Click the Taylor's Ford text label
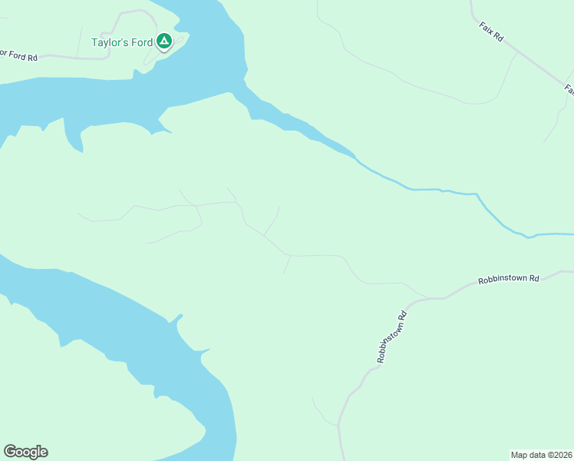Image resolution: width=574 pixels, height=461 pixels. (122, 42)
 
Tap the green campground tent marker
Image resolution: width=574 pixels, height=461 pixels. (163, 41)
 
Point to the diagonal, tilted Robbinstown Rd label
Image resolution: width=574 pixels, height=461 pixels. (392, 337)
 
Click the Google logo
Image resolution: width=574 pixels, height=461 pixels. (25, 452)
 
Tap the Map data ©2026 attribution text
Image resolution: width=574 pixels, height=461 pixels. (541, 454)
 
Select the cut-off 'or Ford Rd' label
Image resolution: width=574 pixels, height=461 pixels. (18, 56)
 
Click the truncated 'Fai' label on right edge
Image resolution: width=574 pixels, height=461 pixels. (569, 89)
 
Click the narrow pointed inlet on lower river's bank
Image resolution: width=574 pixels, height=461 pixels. (178, 317)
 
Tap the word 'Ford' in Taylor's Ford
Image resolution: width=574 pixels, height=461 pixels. (142, 42)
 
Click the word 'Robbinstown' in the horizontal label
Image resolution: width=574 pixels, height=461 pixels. (502, 280)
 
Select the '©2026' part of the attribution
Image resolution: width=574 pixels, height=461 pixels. (557, 454)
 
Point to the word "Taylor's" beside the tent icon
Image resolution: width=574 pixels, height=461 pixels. (110, 42)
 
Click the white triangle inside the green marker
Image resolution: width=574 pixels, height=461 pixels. (163, 40)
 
